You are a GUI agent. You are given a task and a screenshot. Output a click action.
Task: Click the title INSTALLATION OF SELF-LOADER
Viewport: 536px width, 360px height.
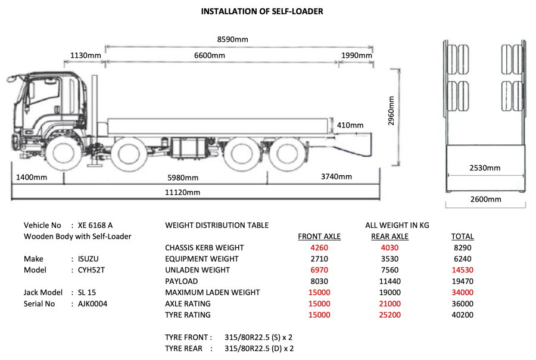(262, 11)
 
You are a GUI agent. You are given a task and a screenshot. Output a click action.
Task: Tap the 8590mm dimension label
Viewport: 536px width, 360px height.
(232, 40)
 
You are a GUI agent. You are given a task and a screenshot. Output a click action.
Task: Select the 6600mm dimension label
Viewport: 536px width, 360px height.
(210, 55)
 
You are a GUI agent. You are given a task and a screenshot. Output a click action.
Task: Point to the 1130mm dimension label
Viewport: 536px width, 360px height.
(86, 55)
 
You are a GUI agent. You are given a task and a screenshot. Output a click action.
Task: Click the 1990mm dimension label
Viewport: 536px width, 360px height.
(356, 55)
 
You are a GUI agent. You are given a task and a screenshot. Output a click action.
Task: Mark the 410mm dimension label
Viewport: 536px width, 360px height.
(350, 125)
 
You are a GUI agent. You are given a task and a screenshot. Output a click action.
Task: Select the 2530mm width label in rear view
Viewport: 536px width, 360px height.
(485, 168)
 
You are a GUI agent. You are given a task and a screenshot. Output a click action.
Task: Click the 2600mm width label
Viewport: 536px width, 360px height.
(485, 199)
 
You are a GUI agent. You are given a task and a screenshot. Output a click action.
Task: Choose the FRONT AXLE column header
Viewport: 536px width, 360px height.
(319, 237)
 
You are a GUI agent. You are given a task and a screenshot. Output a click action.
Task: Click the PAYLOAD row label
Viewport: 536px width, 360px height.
(182, 281)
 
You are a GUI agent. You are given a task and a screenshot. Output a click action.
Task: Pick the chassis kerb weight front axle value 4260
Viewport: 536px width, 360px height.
(319, 248)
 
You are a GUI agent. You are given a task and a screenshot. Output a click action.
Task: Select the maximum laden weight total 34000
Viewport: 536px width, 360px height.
(462, 293)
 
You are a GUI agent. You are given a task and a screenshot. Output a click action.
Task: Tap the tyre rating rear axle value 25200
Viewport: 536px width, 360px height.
(389, 315)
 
